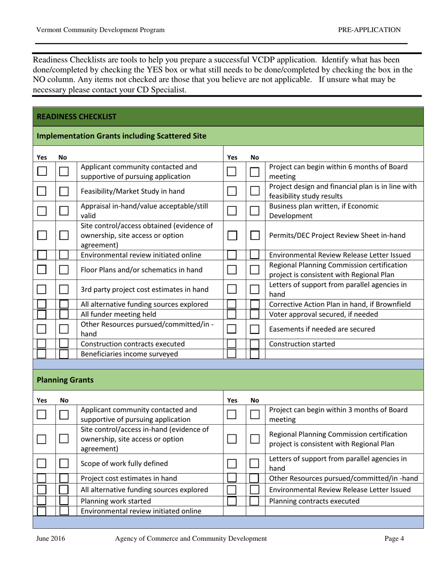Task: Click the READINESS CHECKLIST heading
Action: pos(76,117)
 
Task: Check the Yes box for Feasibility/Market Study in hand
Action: pos(42,191)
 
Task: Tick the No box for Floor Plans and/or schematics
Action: pos(64,270)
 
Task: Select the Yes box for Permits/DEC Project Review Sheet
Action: pos(232,235)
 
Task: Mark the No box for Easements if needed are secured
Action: pos(255,329)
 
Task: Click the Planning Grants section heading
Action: pos(65,380)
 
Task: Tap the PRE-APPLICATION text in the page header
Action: pos(369,30)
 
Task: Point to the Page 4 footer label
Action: pos(394,538)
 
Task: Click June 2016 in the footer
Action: pos(50,538)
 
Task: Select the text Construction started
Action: pos(302,344)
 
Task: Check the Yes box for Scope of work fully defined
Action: pos(42,463)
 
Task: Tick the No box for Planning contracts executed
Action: pos(255,501)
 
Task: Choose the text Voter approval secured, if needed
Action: pos(323,315)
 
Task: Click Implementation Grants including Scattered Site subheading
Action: pos(122,136)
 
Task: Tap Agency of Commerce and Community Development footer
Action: pos(191,538)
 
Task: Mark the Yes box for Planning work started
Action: pos(42,501)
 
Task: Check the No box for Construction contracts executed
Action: pos(64,344)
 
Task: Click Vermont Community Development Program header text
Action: pos(100,30)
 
